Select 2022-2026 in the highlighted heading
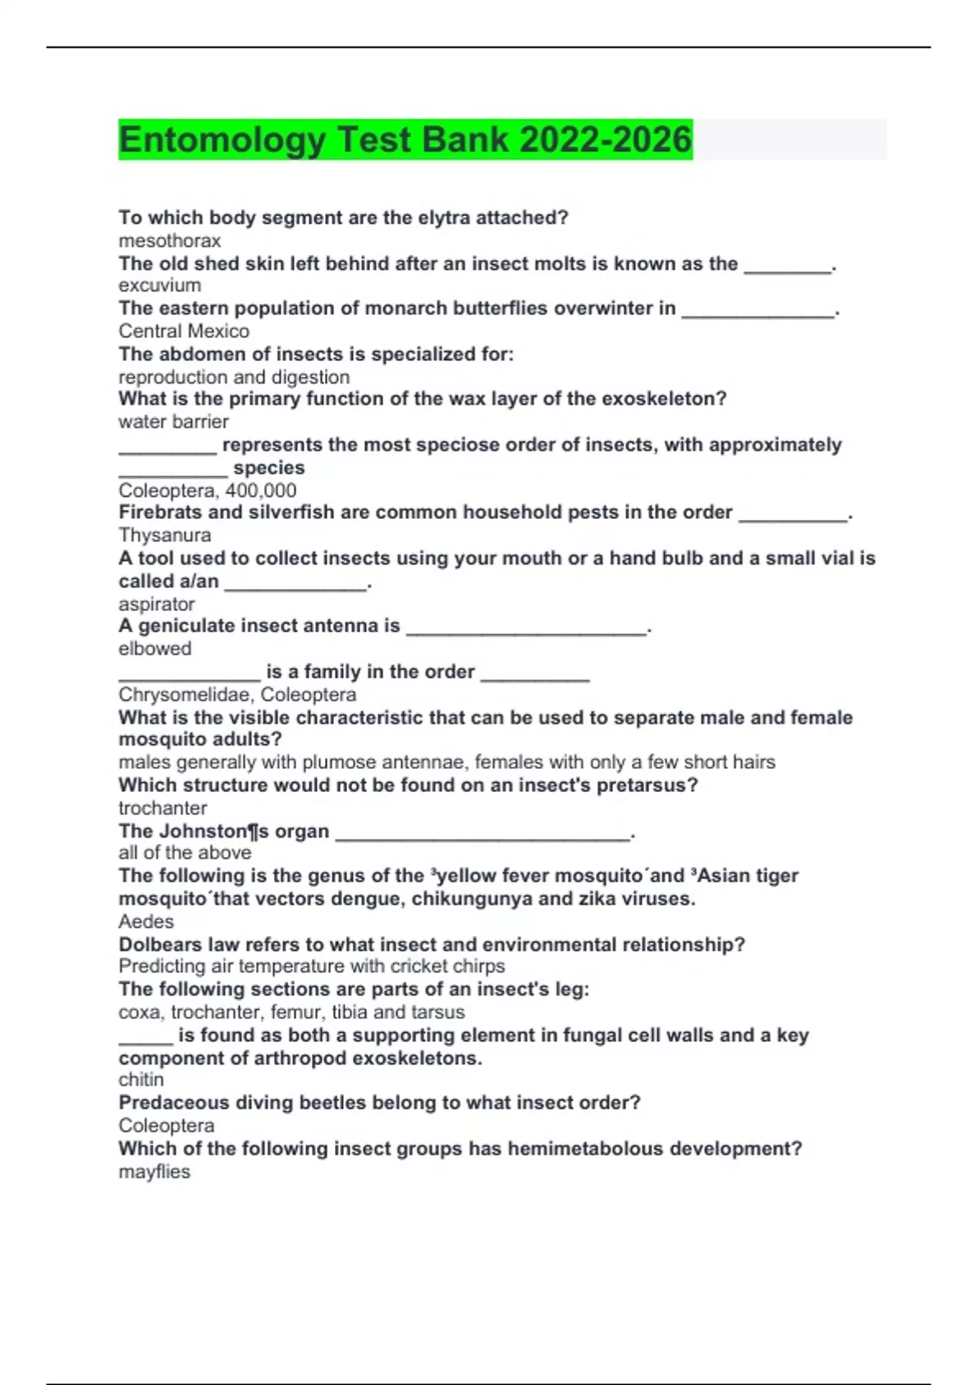pos(606,140)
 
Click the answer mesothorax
pos(170,241)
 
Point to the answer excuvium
pos(160,286)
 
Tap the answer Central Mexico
pos(184,332)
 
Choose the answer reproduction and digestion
pos(234,377)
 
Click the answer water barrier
pos(174,422)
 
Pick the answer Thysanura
pos(165,535)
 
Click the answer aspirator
pos(156,605)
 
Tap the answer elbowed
pos(155,649)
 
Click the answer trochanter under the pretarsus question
pos(163,808)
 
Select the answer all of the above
pos(185,853)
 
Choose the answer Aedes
pos(147,921)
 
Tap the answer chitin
pos(141,1080)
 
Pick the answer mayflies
pos(154,1172)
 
